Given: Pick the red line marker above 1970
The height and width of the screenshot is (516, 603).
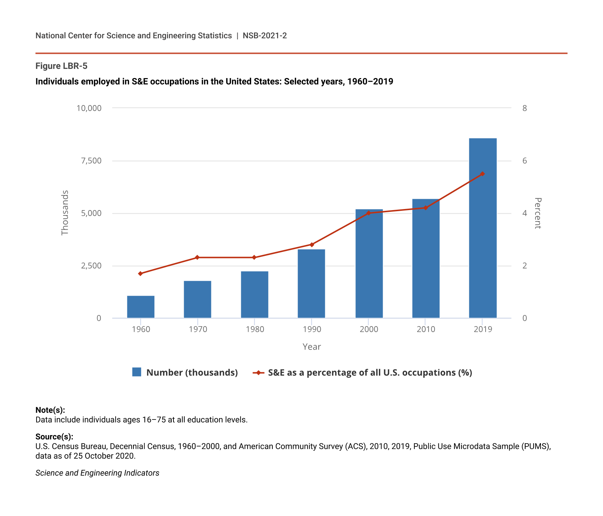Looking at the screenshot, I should tap(197, 257).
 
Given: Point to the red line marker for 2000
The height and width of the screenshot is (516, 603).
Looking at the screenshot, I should tap(369, 213).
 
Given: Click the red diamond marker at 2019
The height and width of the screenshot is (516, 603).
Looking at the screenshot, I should tap(482, 174).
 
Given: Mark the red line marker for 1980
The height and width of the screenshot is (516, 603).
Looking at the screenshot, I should tap(254, 257).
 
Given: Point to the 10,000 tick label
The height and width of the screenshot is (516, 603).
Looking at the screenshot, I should tap(89, 108).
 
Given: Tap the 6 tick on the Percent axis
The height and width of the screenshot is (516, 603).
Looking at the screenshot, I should tap(525, 161).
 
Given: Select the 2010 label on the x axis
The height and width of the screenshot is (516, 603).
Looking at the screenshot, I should tap(426, 329).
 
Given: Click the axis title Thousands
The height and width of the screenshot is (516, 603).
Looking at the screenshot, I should tap(65, 213).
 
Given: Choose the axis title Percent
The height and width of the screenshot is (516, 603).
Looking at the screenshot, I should tap(537, 213).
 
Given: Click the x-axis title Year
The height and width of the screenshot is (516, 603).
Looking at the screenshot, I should tap(311, 347).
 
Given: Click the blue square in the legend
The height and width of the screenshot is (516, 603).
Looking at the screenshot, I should tap(137, 372).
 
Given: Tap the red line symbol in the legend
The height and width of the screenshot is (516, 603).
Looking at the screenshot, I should tap(258, 373).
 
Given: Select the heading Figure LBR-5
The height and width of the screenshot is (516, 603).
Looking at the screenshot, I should tap(61, 66).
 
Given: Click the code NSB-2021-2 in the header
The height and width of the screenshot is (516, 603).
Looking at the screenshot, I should tap(265, 35).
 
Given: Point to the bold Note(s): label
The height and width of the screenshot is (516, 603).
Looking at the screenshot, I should tap(50, 410).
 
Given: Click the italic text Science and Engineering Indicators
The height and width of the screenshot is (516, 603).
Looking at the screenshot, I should tap(97, 473).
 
